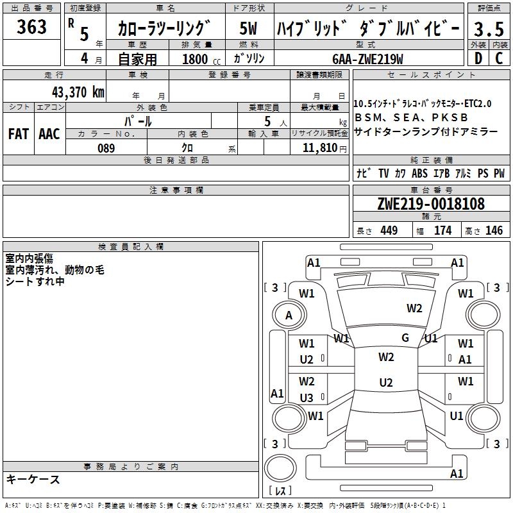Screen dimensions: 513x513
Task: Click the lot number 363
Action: coord(31,26)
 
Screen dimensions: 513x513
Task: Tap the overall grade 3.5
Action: coord(489,29)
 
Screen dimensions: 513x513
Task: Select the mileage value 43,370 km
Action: coord(78,92)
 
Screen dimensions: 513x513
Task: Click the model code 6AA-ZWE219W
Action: coord(367,59)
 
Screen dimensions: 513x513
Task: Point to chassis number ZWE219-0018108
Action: coord(431,203)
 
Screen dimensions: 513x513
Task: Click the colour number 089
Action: coord(106,148)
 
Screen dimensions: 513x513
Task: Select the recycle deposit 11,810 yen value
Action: coord(324,148)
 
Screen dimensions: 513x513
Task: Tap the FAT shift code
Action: coord(19,134)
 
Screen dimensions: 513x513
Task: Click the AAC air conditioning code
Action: coord(49,134)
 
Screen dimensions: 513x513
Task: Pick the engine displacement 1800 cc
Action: coord(201,59)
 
